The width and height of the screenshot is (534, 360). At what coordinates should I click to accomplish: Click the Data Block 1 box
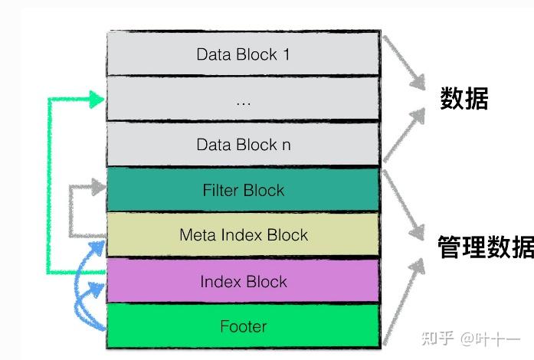coord(243,54)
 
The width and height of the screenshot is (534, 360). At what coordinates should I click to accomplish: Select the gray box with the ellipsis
coord(243,99)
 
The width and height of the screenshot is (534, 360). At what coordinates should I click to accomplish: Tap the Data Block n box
coord(243,144)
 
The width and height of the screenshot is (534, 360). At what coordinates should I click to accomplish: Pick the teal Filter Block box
coord(243,190)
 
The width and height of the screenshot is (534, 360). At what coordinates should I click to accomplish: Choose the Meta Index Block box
coord(243,234)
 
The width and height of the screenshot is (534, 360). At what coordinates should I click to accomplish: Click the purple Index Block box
coord(243,281)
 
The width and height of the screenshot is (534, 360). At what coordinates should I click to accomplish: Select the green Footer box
coord(243,326)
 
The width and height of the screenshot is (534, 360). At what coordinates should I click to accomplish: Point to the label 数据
coord(464,99)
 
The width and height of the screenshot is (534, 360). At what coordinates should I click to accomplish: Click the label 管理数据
coord(485,247)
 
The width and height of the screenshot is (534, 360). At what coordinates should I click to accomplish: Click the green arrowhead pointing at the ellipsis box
coord(97,98)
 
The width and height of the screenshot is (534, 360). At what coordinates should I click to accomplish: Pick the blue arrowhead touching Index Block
coord(98,289)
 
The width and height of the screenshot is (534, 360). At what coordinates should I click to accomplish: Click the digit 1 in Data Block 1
coord(285,54)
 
